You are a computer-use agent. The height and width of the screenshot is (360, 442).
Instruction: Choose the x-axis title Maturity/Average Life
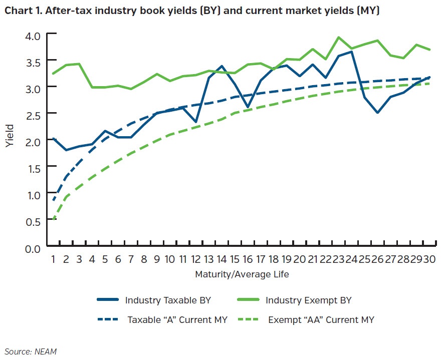[242, 274]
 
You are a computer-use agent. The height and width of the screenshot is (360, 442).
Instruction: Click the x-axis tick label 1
[52, 259]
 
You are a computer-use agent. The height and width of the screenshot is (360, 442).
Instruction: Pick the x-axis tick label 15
[234, 259]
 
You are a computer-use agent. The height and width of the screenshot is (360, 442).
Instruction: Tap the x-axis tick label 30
[429, 259]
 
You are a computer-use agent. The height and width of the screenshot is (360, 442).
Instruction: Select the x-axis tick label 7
[131, 259]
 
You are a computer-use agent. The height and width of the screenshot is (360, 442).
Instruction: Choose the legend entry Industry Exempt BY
[308, 300]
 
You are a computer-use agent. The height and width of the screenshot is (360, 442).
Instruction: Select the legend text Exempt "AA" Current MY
[321, 319]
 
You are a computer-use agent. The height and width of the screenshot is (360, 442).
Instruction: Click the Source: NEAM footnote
[31, 351]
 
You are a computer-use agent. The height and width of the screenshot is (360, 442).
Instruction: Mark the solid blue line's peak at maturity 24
[351, 52]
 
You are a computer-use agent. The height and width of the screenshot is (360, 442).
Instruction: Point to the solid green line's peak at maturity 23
[338, 37]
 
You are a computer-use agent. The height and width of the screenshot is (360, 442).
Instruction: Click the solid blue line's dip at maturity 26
[377, 113]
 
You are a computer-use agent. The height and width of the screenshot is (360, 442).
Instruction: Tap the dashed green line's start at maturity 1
[53, 219]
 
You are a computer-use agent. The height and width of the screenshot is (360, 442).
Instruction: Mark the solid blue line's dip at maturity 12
[195, 122]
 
